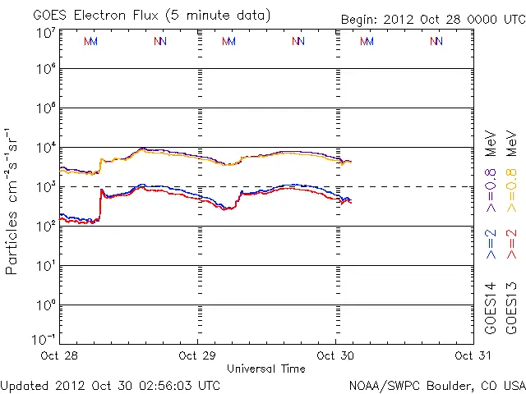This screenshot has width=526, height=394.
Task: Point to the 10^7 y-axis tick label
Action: pyautogui.click(x=46, y=33)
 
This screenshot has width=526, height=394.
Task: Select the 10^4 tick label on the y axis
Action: pyautogui.click(x=46, y=148)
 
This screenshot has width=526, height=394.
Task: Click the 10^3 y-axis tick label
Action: pyautogui.click(x=46, y=187)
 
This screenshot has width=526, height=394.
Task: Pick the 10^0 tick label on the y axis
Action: pyautogui.click(x=46, y=305)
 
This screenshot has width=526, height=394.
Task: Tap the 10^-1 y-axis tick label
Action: pyautogui.click(x=44, y=339)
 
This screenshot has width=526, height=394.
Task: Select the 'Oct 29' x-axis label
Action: pyautogui.click(x=198, y=355)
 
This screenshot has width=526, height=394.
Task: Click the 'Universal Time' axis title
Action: pyautogui.click(x=266, y=369)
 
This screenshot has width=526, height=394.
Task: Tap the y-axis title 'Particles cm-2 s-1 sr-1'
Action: pyautogui.click(x=14, y=201)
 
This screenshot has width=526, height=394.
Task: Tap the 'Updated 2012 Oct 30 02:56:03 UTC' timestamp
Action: pyautogui.click(x=110, y=385)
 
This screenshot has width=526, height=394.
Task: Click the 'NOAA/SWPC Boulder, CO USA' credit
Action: pyautogui.click(x=436, y=385)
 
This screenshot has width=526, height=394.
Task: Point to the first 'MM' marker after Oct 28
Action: pyautogui.click(x=91, y=41)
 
